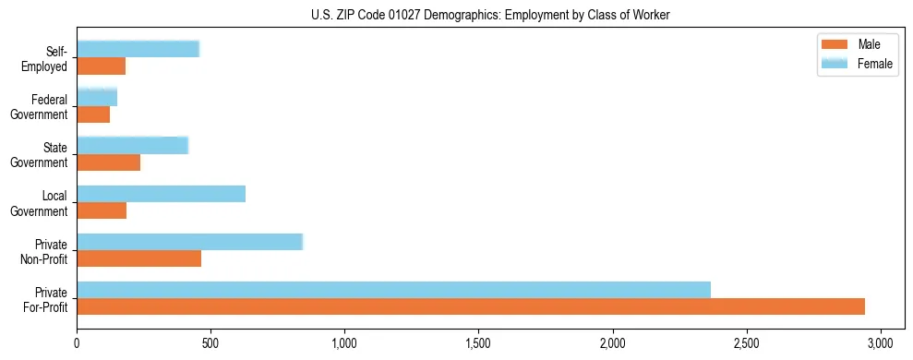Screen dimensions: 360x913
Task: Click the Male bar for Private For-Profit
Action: tap(471, 306)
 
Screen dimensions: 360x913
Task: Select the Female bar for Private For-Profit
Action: tap(393, 290)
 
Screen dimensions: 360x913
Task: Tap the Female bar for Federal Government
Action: tap(97, 97)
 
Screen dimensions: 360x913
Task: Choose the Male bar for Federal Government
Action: tap(93, 114)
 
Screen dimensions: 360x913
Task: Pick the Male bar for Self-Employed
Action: tap(101, 66)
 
